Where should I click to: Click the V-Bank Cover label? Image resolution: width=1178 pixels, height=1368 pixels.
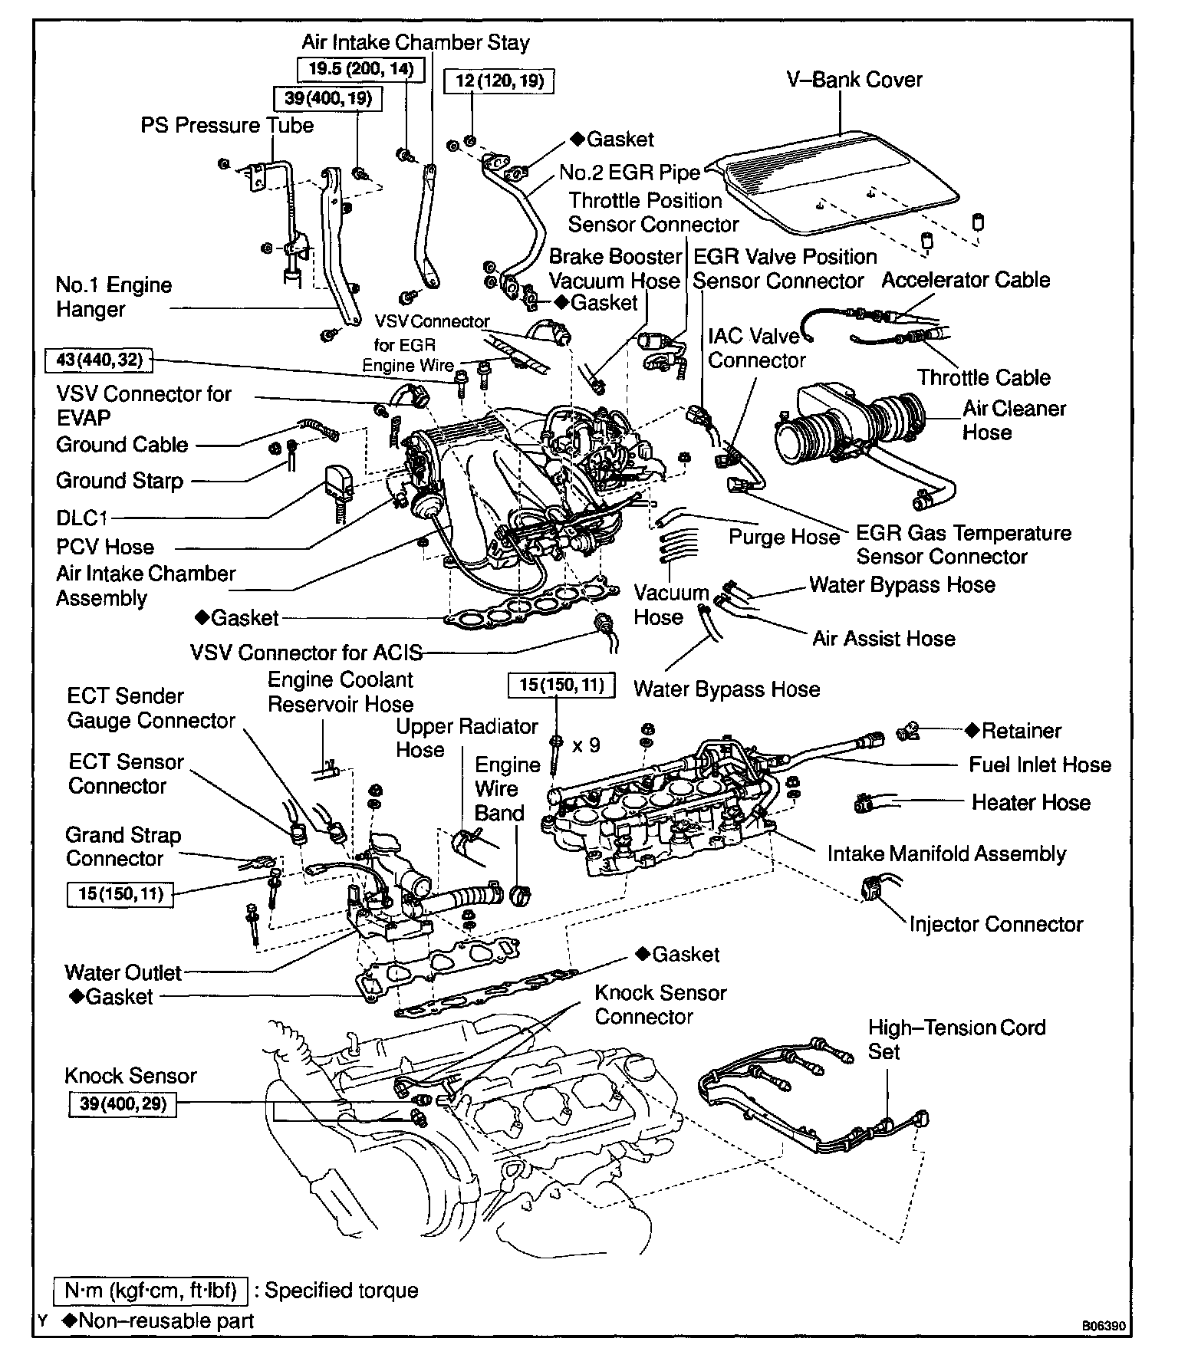tap(854, 80)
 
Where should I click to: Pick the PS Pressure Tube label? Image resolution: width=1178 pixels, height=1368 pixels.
tap(227, 126)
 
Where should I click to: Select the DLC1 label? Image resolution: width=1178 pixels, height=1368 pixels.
tap(82, 518)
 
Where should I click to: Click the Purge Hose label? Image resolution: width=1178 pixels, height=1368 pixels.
tap(784, 537)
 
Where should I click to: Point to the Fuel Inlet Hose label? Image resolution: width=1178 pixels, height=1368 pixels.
tap(1039, 765)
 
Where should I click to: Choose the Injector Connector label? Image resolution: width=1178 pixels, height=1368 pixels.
tap(995, 924)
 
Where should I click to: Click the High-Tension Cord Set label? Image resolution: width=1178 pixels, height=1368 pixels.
tap(956, 1039)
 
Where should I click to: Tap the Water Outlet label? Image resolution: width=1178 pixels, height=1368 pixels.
tap(123, 973)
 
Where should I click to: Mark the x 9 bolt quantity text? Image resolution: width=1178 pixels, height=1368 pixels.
tap(586, 745)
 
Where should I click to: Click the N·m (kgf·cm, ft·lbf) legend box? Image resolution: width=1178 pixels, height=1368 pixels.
tap(150, 1291)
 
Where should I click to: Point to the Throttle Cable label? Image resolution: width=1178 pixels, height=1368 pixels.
tap(983, 377)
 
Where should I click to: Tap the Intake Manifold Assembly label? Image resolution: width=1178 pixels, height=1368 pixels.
tap(946, 854)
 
